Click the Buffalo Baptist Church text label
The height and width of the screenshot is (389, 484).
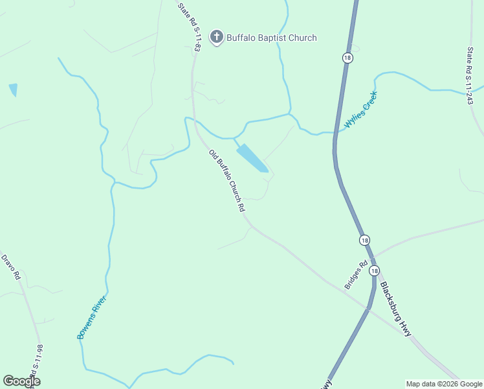tap(272, 38)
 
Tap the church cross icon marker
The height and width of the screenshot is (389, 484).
tap(217, 37)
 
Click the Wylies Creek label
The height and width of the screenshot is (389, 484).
tap(360, 110)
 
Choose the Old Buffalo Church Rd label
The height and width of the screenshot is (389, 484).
tap(226, 181)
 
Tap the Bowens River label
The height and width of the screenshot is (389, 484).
tap(91, 317)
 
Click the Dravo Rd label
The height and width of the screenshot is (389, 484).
tap(12, 266)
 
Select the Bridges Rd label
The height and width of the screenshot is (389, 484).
tap(356, 274)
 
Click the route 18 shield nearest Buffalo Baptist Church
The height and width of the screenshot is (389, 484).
tap(348, 58)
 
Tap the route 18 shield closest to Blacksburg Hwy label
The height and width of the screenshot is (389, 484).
tap(375, 270)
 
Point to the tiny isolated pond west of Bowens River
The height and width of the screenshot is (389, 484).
tap(13, 89)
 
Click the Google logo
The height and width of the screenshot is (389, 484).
tap(21, 381)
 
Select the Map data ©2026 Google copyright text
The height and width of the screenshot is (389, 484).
tap(444, 384)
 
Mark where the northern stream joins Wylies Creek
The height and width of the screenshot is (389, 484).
tap(290, 115)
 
